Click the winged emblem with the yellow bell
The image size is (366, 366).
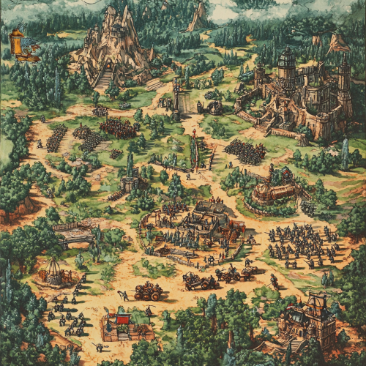[25, 44]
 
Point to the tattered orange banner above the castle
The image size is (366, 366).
[337, 42]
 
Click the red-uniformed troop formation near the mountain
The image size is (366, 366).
[118, 128]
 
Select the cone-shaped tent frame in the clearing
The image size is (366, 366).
[52, 272]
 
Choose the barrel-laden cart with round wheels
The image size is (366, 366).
[149, 291]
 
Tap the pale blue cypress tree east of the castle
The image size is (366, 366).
[344, 154]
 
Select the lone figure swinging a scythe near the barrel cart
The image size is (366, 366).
[124, 295]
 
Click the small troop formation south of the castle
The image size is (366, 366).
[245, 152]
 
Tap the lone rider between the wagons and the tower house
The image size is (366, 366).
[274, 281]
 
